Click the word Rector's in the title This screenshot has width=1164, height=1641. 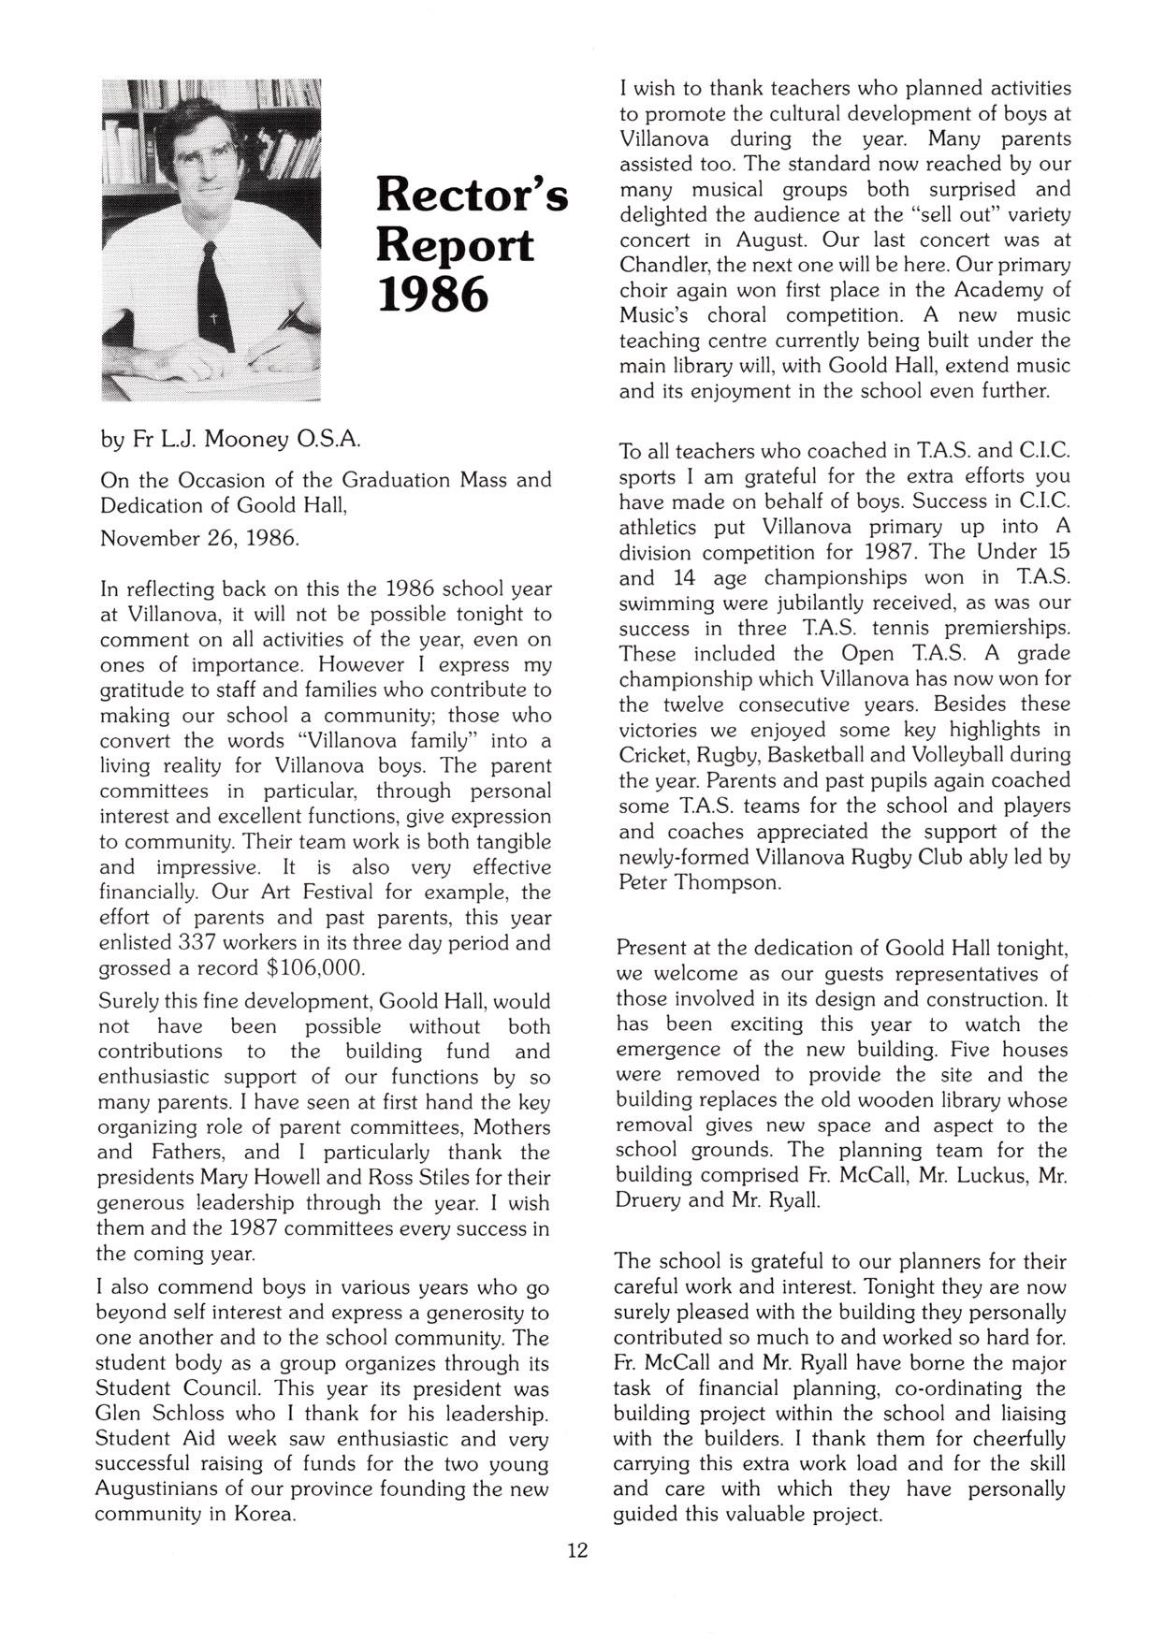(x=472, y=196)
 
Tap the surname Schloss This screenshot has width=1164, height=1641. (x=194, y=1413)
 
